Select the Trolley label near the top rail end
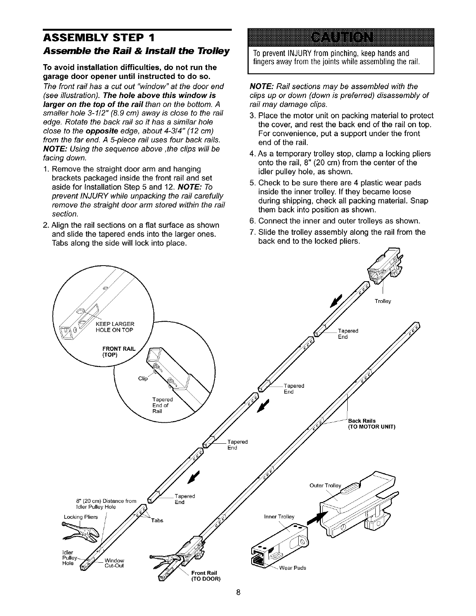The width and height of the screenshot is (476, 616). pyautogui.click(x=383, y=301)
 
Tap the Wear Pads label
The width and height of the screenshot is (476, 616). pyautogui.click(x=292, y=568)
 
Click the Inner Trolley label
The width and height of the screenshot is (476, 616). pyautogui.click(x=279, y=517)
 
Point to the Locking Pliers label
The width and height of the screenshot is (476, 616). pyautogui.click(x=81, y=517)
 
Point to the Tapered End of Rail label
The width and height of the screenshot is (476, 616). pyautogui.click(x=162, y=406)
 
